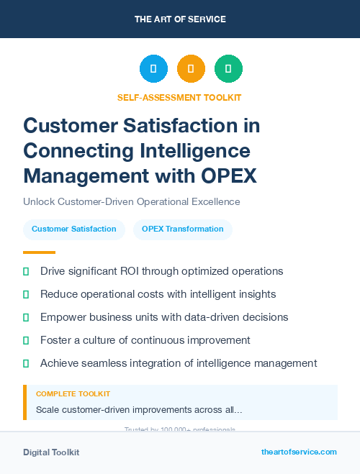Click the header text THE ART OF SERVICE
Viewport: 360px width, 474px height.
pos(180,19)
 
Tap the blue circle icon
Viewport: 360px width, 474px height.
pos(153,69)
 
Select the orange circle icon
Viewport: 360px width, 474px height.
pos(191,69)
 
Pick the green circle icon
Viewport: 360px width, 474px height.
pos(228,69)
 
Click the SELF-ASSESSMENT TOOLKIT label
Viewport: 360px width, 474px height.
pos(179,97)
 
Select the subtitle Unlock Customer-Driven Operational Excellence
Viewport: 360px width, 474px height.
pos(131,201)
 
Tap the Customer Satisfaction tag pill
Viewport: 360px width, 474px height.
pos(74,229)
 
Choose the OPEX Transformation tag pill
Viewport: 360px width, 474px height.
pos(183,229)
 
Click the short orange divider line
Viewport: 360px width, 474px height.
pos(39,252)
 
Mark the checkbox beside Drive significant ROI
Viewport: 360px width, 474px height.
pos(27,271)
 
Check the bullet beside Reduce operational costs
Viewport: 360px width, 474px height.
pos(27,294)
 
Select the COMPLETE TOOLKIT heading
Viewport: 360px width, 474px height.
pos(73,394)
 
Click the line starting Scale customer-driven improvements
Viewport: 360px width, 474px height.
pos(139,410)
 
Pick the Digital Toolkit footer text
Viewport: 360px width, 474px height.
pos(51,452)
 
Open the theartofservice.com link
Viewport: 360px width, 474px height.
pos(299,452)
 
